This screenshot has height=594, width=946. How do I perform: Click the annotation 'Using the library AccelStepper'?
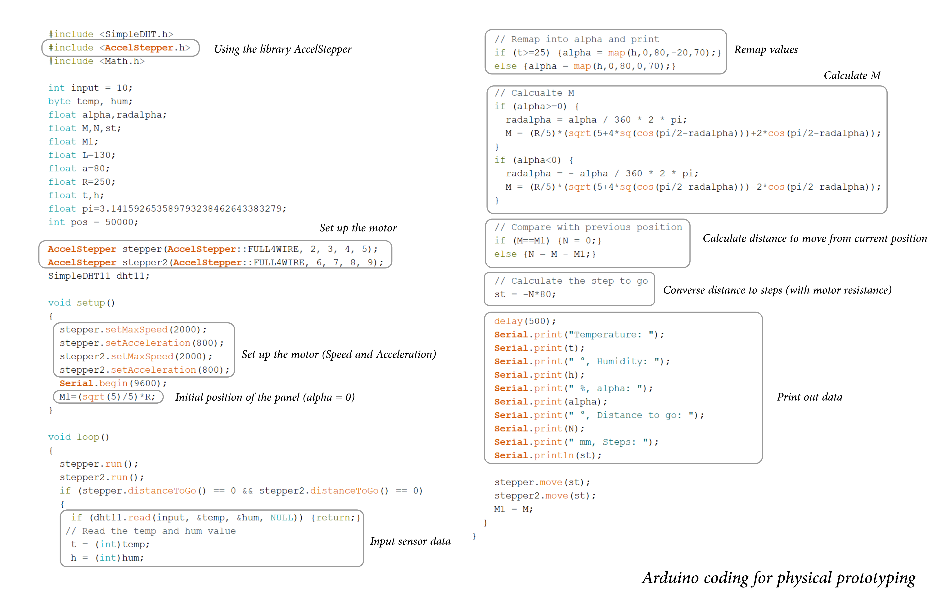click(282, 49)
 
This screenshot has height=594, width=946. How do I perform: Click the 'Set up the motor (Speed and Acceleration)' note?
click(339, 355)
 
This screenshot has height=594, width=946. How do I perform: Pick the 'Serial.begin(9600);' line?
click(113, 383)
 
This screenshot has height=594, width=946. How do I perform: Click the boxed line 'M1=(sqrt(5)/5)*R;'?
click(107, 397)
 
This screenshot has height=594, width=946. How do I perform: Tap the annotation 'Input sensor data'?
click(410, 541)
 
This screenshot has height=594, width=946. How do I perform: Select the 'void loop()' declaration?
click(79, 437)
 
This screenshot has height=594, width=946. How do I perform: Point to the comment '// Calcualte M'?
click(534, 93)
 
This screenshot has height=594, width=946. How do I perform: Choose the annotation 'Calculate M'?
click(852, 75)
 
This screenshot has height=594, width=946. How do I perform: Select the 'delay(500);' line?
click(525, 321)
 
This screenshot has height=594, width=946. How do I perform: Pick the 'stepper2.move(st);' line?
click(545, 496)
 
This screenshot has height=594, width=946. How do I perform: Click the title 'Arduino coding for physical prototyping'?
click(779, 578)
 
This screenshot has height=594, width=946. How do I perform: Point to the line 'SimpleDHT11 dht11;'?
click(99, 276)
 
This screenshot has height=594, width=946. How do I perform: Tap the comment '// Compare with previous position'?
click(588, 227)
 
